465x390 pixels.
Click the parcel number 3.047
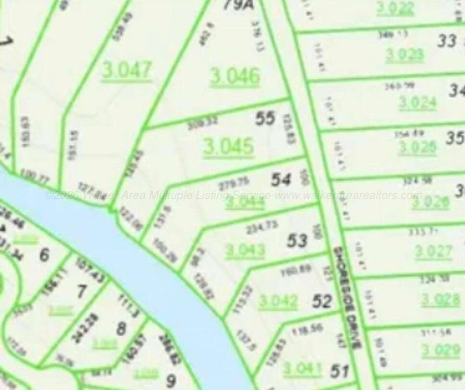126,71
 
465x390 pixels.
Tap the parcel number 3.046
235,76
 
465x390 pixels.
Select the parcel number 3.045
228,146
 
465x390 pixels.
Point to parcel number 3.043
245,250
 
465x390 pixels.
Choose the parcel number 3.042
278,301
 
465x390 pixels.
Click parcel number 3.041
302,369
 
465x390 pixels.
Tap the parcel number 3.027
433,251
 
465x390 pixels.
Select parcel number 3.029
441,350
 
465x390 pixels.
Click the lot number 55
265,118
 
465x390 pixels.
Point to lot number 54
281,180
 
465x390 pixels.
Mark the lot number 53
297,240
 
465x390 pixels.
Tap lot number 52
322,301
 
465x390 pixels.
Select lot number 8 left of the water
122,329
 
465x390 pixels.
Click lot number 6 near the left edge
44,254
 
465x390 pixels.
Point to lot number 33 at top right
446,41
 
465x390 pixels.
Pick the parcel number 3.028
441,300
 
